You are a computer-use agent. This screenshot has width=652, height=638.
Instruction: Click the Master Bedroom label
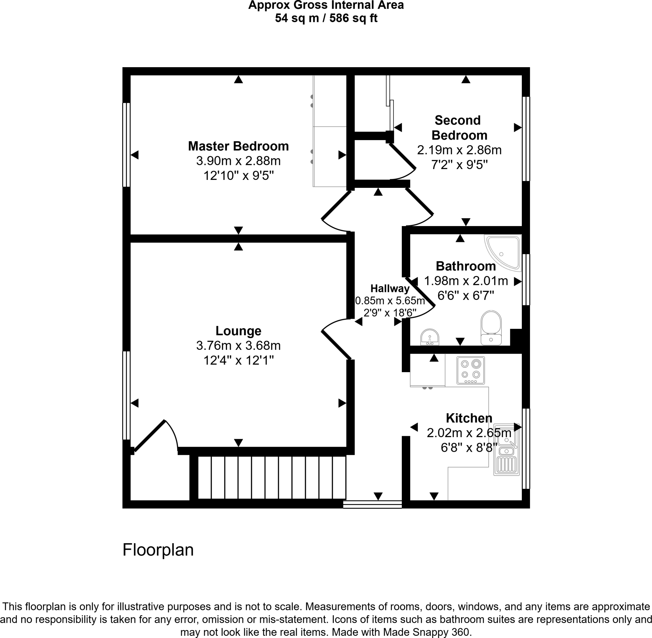[x=238, y=146]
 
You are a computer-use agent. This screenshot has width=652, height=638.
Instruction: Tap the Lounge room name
[x=238, y=331]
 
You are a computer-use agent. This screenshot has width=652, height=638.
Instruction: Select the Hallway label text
[x=390, y=288]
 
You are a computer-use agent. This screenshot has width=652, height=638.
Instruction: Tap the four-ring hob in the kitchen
[x=471, y=370]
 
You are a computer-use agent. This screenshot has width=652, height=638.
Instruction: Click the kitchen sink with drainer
[x=506, y=449]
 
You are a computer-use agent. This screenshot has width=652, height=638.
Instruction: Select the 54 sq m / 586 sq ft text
[x=326, y=18]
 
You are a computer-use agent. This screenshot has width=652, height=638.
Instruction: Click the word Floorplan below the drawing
[x=158, y=550]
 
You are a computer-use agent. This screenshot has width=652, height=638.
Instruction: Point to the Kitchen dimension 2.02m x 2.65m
[x=469, y=433]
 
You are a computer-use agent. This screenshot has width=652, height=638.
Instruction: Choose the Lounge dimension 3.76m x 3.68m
[x=238, y=345]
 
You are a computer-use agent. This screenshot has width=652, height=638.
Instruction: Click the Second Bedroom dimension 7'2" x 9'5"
[x=459, y=165]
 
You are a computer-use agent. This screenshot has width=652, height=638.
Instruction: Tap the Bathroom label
[x=466, y=266]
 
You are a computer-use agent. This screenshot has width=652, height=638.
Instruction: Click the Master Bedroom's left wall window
[x=126, y=145]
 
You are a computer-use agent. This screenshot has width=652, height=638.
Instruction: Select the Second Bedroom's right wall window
[x=526, y=139]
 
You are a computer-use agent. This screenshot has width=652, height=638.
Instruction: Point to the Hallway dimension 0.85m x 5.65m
[x=390, y=301]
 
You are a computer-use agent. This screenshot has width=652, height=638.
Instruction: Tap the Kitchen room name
[x=469, y=418]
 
